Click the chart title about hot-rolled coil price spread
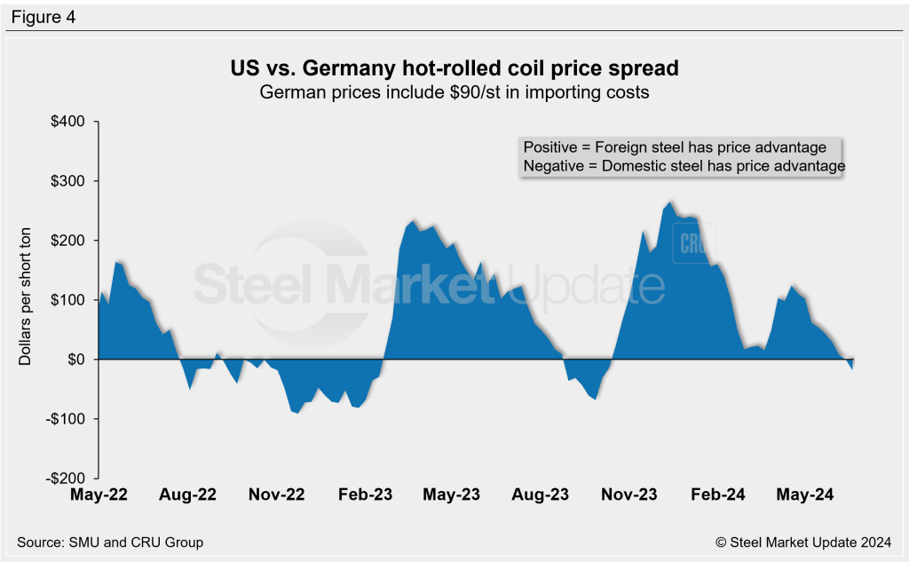454,68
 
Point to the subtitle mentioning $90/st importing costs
454,92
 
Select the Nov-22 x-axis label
275,495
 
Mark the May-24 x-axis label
804,495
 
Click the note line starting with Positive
675,147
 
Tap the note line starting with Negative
684,166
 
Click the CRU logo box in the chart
692,243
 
